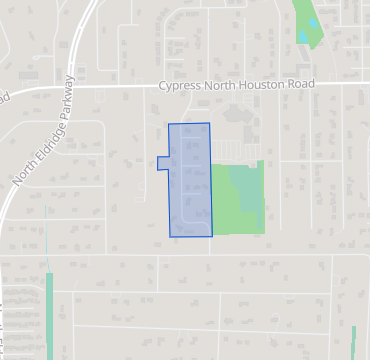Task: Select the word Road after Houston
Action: (x=299, y=84)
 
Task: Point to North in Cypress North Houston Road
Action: (x=218, y=86)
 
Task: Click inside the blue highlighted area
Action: (x=189, y=180)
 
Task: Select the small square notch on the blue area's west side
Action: (x=163, y=164)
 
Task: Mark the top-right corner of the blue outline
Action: (x=210, y=123)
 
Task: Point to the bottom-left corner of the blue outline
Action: (x=170, y=236)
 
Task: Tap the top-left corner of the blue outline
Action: (x=168, y=125)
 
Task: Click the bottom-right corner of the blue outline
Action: (x=212, y=237)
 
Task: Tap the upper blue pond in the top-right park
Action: (x=312, y=22)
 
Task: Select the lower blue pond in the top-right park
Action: (x=303, y=38)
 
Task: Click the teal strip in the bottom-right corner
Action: (x=353, y=341)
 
